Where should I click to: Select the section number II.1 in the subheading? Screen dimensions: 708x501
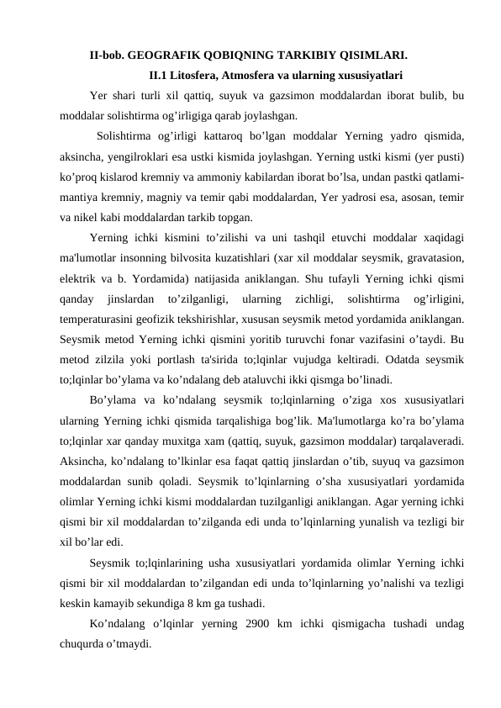point(163,75)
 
